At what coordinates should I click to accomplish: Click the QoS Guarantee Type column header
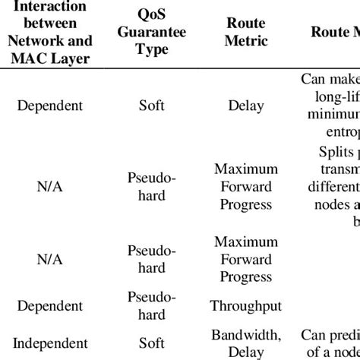tap(152, 33)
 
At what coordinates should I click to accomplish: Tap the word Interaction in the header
tap(54, 7)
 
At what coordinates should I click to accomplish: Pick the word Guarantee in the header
tap(152, 33)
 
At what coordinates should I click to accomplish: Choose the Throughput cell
tap(246, 306)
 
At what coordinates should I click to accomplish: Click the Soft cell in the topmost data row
tap(152, 105)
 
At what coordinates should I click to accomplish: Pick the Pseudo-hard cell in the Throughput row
tap(152, 305)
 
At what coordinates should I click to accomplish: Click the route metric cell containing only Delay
tap(246, 105)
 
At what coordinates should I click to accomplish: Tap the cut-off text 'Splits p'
tap(334, 151)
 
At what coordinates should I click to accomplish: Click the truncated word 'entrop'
tap(339, 131)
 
